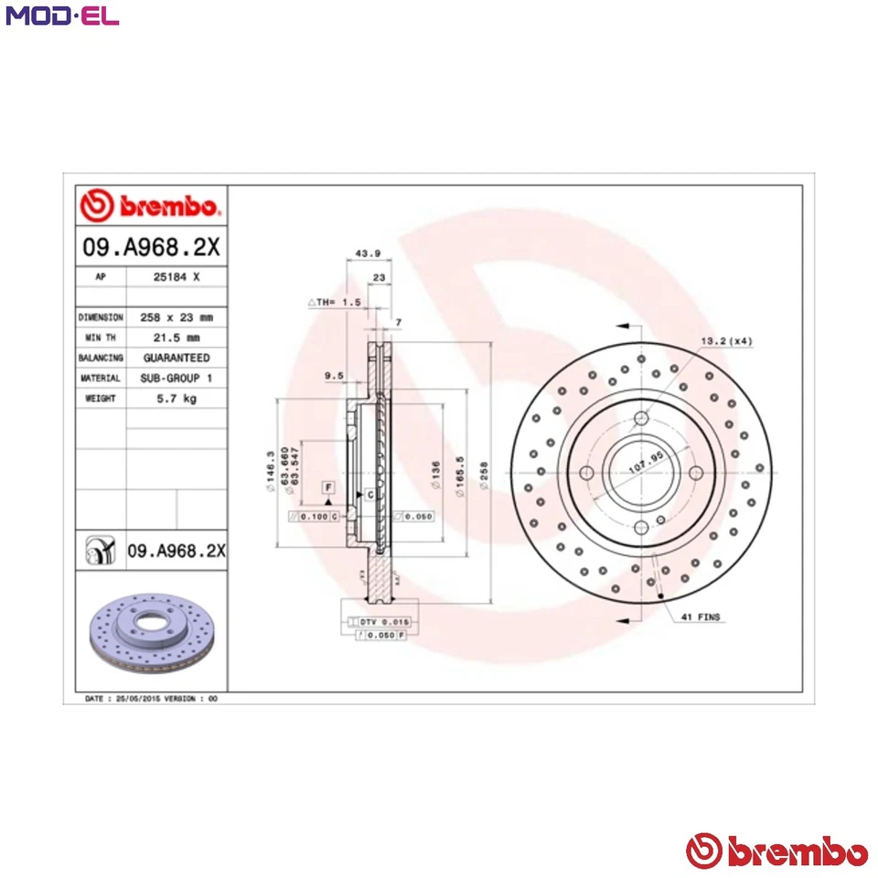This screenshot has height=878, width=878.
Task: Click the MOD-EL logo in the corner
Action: click(62, 16)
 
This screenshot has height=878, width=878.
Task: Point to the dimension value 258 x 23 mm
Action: click(176, 316)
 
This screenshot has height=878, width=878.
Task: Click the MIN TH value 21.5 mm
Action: click(176, 337)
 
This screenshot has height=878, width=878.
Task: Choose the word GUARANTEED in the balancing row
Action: click(176, 358)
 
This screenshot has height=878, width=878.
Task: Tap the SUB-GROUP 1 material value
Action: click(176, 378)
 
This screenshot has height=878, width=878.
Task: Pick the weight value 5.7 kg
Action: click(176, 398)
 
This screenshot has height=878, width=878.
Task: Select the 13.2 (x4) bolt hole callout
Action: click(726, 341)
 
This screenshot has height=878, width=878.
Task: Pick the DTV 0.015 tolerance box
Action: click(380, 621)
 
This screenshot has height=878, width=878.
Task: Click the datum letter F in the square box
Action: click(328, 487)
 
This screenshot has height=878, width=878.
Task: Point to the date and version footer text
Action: click(151, 698)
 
